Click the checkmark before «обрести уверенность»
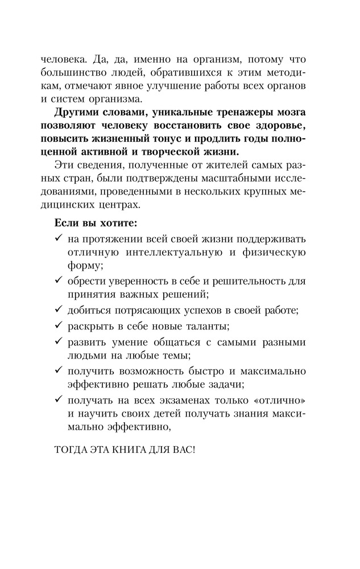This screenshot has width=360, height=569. coord(58,282)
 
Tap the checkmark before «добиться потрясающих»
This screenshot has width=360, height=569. coord(58,311)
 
